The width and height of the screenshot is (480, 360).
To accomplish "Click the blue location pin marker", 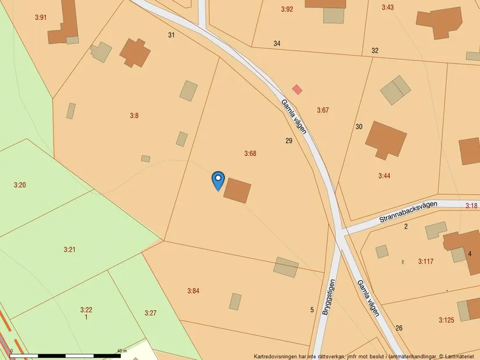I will (x=218, y=180).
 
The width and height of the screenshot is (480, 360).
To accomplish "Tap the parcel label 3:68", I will (x=250, y=154).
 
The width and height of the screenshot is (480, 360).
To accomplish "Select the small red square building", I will (x=297, y=90).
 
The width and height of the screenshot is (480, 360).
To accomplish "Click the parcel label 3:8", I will (x=134, y=116).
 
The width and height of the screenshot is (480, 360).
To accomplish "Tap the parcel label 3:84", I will (x=193, y=291).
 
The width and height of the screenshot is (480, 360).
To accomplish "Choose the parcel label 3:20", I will (x=20, y=185).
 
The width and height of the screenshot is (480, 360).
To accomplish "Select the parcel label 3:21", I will (x=70, y=249).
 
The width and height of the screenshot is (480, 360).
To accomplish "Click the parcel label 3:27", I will (x=151, y=313).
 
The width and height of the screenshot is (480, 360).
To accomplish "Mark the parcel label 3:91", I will (x=40, y=17).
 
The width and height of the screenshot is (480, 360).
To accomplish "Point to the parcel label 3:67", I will (x=323, y=110).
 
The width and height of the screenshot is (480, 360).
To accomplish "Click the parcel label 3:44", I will (x=385, y=176).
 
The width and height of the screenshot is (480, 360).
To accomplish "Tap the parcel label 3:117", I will (x=426, y=262).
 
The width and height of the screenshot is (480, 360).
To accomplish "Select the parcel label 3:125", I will (x=446, y=320).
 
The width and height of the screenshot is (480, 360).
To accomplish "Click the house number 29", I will (x=289, y=141).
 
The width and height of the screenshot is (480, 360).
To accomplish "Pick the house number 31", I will (x=171, y=35).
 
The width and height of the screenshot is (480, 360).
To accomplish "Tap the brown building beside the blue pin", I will (x=237, y=190).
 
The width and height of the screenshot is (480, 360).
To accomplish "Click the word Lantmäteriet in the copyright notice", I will (x=460, y=356).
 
